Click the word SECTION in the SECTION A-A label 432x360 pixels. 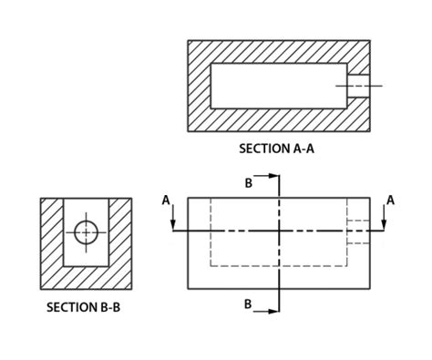[263, 148]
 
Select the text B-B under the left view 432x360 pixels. [108, 307]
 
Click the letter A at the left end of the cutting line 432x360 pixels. [165, 200]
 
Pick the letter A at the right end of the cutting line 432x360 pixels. [390, 200]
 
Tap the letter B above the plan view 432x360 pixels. [248, 183]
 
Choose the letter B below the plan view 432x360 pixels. [248, 304]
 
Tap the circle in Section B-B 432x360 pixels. [86, 232]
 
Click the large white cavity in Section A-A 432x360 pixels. [278, 86]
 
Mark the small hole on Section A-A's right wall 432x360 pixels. [360, 86]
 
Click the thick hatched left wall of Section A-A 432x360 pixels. [200, 86]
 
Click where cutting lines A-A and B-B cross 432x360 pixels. [280, 231]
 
